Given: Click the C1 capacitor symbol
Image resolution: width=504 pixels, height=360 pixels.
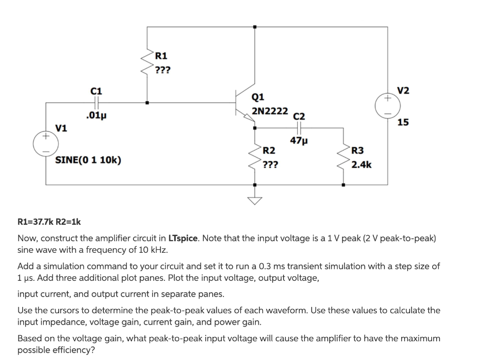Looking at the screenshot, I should (96, 103).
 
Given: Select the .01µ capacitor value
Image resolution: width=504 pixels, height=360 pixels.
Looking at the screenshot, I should (96, 116).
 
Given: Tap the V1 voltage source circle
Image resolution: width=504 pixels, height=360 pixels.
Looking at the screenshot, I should (46, 142).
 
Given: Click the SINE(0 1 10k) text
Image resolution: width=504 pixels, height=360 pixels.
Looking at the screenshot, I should (89, 160).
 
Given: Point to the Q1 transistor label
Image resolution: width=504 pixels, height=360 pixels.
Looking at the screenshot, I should (258, 97).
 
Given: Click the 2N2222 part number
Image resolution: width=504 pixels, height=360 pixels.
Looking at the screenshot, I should (270, 111).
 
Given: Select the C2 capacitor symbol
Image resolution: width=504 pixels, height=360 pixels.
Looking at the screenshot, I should (299, 128).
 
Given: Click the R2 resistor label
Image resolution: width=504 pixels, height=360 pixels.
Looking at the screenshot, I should (269, 150).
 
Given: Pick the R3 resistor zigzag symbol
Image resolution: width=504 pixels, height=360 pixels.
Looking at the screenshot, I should (343, 156).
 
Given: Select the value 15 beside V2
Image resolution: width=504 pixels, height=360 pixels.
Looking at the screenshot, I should (403, 122).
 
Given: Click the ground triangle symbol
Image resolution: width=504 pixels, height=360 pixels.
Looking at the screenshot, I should (254, 200).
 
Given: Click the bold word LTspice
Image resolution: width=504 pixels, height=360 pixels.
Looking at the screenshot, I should (184, 239).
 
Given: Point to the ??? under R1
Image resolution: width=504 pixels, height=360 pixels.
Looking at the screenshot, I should (162, 69).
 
